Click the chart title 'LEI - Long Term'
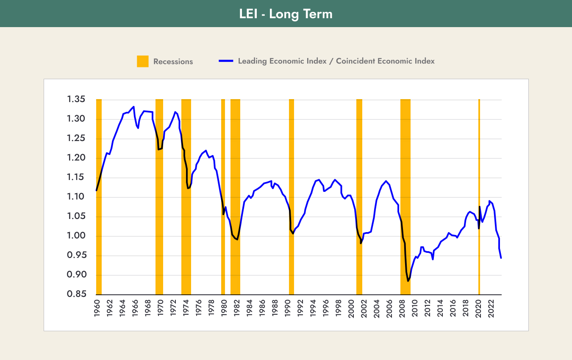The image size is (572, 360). pyautogui.click(x=286, y=14)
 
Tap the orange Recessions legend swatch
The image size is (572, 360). pyautogui.click(x=143, y=61)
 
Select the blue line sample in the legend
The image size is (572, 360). pyautogui.click(x=226, y=61)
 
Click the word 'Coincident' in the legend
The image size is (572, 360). pyautogui.click(x=354, y=61)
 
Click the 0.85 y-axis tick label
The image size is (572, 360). pyautogui.click(x=76, y=295)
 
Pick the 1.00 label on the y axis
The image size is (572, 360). pyautogui.click(x=76, y=236)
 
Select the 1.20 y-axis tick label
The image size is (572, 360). pyautogui.click(x=76, y=158)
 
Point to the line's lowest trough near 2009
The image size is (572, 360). pyautogui.click(x=408, y=281)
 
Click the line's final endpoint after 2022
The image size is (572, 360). pyautogui.click(x=501, y=258)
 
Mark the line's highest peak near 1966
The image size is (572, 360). pyautogui.click(x=134, y=107)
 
